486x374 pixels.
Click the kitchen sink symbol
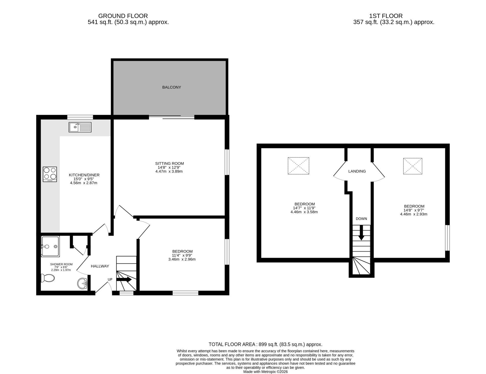click(80, 127)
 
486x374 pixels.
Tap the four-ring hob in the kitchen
click(50, 174)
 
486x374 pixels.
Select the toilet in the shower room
click(48, 278)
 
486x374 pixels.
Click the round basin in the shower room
click(82, 283)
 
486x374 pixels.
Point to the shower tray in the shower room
click(50, 246)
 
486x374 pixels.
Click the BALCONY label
click(172, 87)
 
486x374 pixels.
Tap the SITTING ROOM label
click(169, 163)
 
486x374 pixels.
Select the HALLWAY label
click(100, 266)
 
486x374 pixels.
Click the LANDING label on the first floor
click(357, 171)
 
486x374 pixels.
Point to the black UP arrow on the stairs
click(124, 280)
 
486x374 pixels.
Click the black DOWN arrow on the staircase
click(361, 232)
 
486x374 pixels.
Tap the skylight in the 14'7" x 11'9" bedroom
click(299, 166)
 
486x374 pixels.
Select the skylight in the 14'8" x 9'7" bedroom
click(413, 166)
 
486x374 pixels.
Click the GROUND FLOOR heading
click(123, 16)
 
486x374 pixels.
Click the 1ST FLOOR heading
click(386, 16)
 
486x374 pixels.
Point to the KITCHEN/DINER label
click(84, 175)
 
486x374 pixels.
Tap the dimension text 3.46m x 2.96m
click(182, 259)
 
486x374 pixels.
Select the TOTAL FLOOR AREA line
click(266, 344)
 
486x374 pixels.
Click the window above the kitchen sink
click(80, 117)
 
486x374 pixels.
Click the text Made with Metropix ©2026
click(266, 372)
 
